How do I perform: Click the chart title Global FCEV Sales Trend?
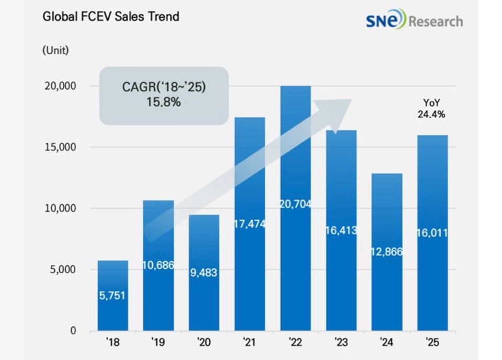pyautogui.click(x=110, y=17)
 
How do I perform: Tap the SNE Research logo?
pyautogui.click(x=415, y=20)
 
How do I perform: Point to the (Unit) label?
pyautogui.click(x=55, y=51)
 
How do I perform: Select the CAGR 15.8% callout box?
pyautogui.click(x=163, y=95)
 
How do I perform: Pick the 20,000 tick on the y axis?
pyautogui.click(x=59, y=86)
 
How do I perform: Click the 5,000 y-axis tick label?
pyautogui.click(x=62, y=270)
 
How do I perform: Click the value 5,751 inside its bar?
pyautogui.click(x=112, y=295)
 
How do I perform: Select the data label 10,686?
pyautogui.click(x=158, y=265)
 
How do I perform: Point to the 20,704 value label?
pyautogui.click(x=295, y=204)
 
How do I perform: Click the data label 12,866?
pyautogui.click(x=386, y=252)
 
